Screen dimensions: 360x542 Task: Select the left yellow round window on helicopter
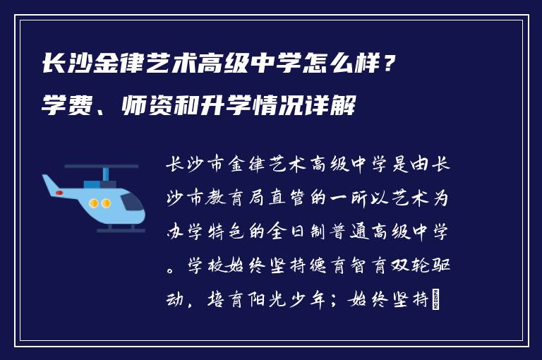tap(93, 203)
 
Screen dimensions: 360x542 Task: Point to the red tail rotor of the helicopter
tap(60, 192)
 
